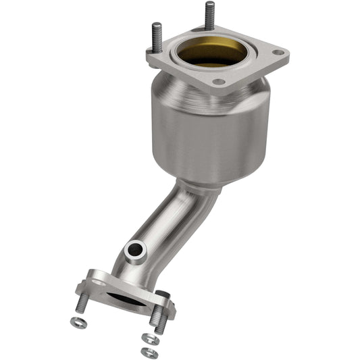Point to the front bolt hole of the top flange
217,82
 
